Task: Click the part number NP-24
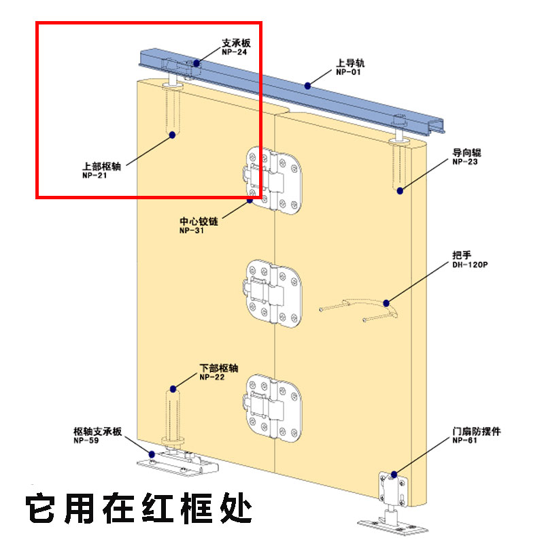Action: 234,52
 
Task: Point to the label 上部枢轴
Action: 101,165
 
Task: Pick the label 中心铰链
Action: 199,222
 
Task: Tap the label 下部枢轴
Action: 218,368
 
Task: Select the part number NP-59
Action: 88,441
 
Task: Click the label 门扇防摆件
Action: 476,432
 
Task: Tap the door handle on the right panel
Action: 357,309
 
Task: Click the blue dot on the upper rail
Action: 308,85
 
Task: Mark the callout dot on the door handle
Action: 386,303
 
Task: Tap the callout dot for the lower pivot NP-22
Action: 173,389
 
